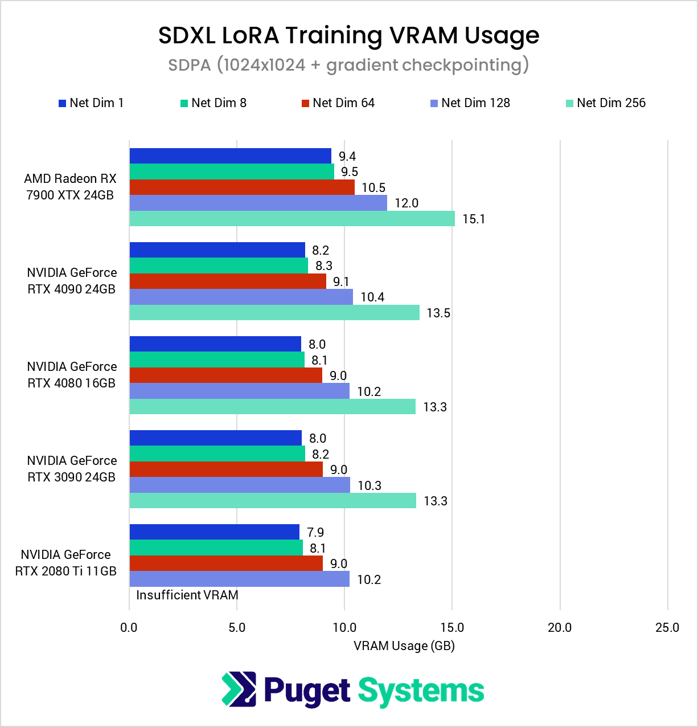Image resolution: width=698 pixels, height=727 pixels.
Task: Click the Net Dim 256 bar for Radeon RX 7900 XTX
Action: click(292, 219)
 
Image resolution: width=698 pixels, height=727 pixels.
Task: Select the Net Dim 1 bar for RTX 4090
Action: click(217, 250)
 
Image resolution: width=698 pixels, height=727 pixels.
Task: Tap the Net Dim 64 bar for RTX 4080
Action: click(226, 375)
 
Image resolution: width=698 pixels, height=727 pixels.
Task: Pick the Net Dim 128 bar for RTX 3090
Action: click(240, 485)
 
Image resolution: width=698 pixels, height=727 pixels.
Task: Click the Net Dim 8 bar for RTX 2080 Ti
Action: click(216, 548)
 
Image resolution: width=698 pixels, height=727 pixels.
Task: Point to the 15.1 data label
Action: click(474, 219)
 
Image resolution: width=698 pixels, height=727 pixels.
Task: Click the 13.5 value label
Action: click(438, 313)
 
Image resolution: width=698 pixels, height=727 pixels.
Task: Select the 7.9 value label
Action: click(315, 533)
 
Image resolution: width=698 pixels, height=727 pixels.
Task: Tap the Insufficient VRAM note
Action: click(187, 595)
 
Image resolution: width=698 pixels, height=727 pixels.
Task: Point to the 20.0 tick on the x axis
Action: click(560, 628)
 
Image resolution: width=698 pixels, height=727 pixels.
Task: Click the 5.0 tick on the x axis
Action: click(237, 628)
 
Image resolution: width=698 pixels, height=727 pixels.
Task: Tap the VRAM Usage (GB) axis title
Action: click(404, 646)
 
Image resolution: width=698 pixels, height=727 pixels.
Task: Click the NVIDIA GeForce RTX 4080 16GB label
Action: click(72, 375)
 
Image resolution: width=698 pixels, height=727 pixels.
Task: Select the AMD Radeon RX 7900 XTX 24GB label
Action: click(70, 187)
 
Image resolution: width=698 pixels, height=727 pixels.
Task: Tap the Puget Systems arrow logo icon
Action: click(239, 689)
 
